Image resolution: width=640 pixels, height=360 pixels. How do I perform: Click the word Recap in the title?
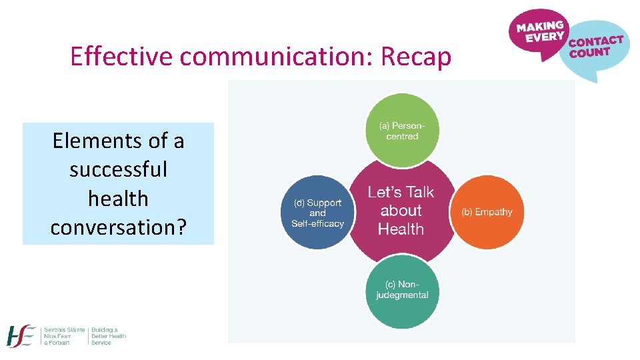click(x=416, y=57)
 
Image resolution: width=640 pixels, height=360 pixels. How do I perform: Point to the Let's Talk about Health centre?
click(x=401, y=211)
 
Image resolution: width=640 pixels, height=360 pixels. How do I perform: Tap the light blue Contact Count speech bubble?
click(x=594, y=49)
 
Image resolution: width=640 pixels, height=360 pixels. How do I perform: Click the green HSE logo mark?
click(x=21, y=337)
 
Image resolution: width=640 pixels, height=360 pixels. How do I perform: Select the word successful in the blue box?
click(x=118, y=169)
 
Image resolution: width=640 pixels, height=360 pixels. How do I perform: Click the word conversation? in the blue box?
click(x=118, y=227)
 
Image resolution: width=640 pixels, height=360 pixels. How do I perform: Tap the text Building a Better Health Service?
click(x=108, y=336)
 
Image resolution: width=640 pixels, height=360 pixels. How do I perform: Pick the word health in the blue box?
click(x=118, y=198)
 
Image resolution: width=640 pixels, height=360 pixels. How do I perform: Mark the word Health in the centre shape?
click(x=401, y=229)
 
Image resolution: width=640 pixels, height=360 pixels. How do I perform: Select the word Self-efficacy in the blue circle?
click(x=317, y=224)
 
